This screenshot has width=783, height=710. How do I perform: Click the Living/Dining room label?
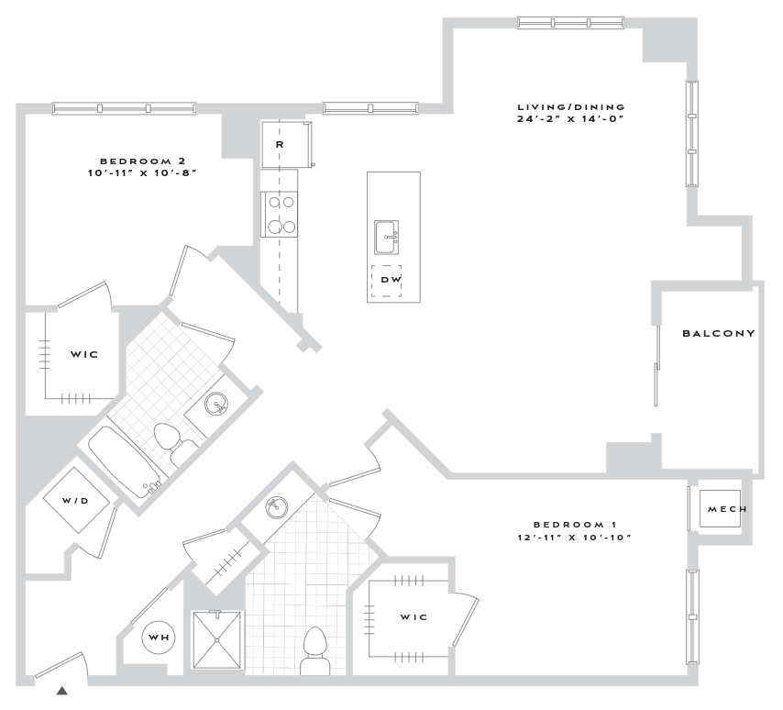tap(570, 105)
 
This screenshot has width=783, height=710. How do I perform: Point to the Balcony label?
tap(719, 334)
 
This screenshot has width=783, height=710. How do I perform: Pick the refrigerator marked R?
tap(281, 145)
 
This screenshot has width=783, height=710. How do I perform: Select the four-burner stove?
tap(279, 214)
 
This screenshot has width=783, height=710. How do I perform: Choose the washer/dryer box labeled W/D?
tap(77, 500)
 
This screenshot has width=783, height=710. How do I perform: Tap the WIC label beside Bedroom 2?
tap(83, 353)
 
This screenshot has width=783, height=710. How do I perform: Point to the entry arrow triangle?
tap(62, 691)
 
